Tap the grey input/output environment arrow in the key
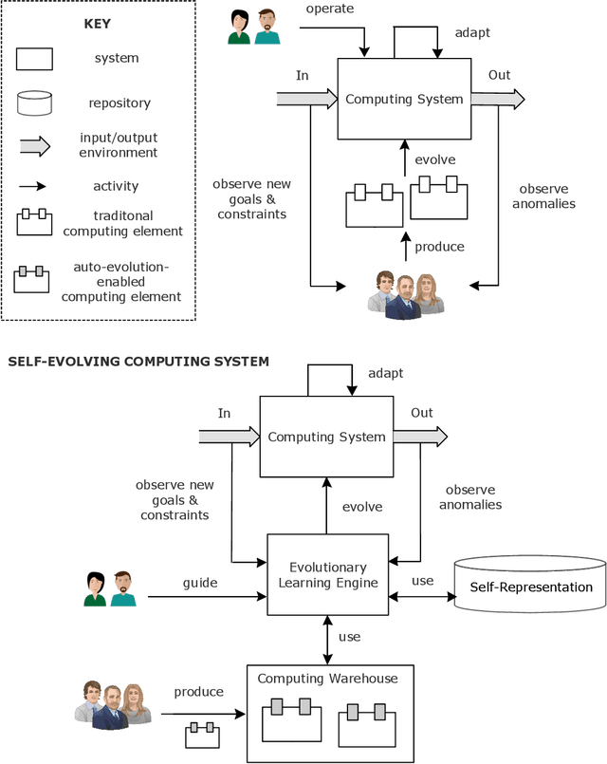click(x=35, y=145)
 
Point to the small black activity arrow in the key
click(x=34, y=187)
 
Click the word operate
click(x=329, y=9)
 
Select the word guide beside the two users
click(x=200, y=583)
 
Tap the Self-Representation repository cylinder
click(x=530, y=586)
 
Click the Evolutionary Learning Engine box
click(x=328, y=574)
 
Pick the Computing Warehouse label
click(x=328, y=678)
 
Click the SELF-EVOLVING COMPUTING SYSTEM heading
click(x=138, y=361)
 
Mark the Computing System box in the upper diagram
click(x=404, y=99)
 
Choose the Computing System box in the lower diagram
click(x=326, y=437)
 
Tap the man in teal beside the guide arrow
click(x=122, y=588)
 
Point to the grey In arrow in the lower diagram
click(x=229, y=437)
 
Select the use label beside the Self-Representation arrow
click(x=422, y=580)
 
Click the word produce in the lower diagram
click(x=198, y=692)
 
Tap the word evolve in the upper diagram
click(x=434, y=159)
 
